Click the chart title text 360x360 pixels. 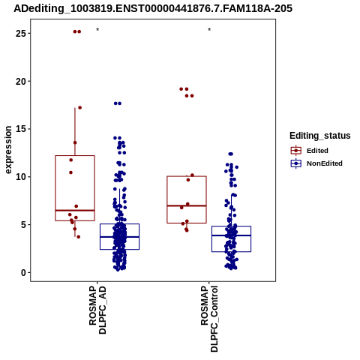click(x=153, y=8)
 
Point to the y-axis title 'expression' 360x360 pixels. click(x=8, y=150)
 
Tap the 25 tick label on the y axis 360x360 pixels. click(x=21, y=33)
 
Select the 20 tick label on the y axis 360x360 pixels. click(x=21, y=81)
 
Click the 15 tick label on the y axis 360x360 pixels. click(x=21, y=129)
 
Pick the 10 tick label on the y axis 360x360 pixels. click(x=21, y=177)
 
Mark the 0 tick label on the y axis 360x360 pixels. click(x=24, y=272)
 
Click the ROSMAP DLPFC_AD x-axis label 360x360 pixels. click(x=97, y=310)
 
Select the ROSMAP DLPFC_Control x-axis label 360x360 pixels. click(x=209, y=319)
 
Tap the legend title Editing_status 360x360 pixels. click(x=320, y=136)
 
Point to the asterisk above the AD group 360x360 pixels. click(x=97, y=30)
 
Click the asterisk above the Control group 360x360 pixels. click(x=209, y=30)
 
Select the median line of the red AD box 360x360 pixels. click(x=75, y=211)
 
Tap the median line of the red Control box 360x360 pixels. click(x=187, y=205)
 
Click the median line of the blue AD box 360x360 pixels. click(x=119, y=237)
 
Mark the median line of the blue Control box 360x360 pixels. click(x=231, y=235)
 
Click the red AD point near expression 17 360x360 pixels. click(x=79, y=108)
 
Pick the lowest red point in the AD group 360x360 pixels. click(x=79, y=237)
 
